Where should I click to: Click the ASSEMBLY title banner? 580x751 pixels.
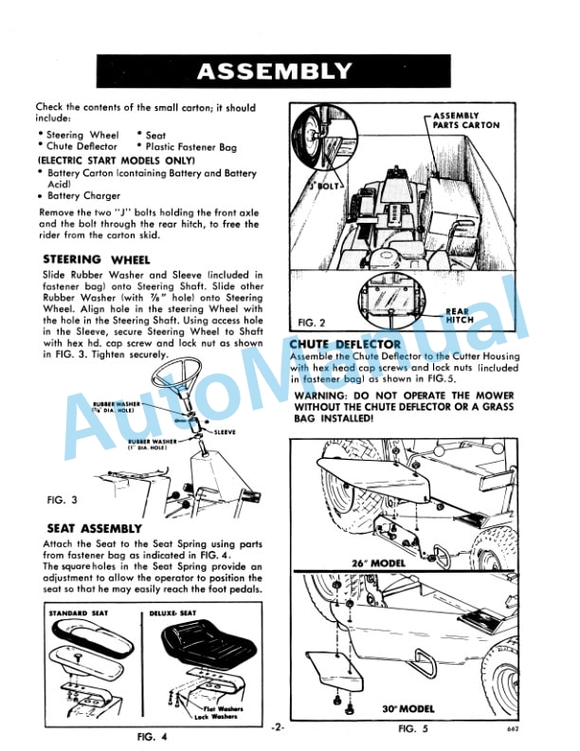(x=274, y=71)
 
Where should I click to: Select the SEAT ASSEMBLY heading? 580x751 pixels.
(x=94, y=527)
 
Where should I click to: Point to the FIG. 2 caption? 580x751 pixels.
(x=311, y=321)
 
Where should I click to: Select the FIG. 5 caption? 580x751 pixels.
(x=415, y=728)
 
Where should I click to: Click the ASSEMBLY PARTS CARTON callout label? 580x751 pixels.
(x=466, y=120)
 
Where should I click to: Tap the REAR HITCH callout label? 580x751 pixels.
(x=459, y=316)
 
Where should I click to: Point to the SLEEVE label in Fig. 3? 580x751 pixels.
(x=224, y=431)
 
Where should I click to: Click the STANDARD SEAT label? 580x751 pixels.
(x=80, y=614)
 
